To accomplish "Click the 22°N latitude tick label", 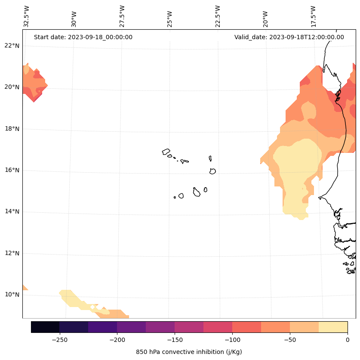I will [12, 46].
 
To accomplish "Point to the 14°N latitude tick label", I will [12, 211].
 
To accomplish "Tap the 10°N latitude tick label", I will [12, 295].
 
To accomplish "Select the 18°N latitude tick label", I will [12, 129].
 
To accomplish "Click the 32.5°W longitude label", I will [27, 16].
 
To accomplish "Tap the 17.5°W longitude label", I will [313, 16].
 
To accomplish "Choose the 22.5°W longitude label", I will [218, 16].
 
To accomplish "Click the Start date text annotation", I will [83, 37].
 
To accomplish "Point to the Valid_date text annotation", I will [289, 37].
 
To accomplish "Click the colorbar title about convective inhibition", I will [189, 352].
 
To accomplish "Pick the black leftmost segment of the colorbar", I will [45, 327].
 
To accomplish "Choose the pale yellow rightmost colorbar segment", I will [333, 327].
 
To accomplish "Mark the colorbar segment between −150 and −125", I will [189, 327].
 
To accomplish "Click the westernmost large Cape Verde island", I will [166, 152].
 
